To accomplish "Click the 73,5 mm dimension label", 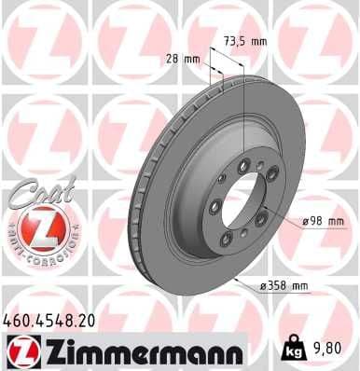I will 244,42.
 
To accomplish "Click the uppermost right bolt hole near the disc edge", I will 270,173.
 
